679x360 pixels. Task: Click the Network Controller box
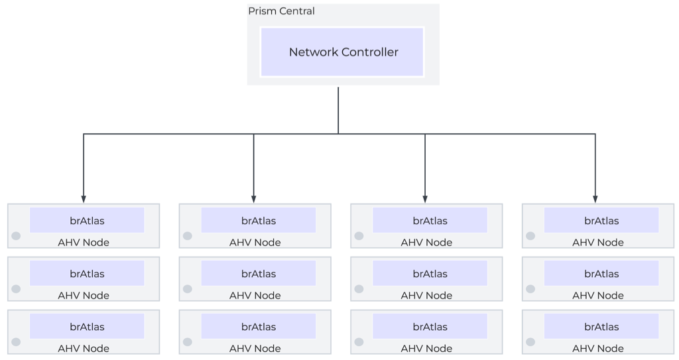click(342, 52)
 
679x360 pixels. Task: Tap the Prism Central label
click(281, 11)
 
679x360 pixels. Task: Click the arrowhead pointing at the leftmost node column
click(84, 198)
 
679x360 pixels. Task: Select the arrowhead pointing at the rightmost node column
click(595, 198)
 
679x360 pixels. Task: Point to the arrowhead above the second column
click(254, 198)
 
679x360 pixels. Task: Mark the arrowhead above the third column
click(425, 198)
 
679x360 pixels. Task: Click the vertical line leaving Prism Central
click(338, 109)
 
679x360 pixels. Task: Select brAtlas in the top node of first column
click(87, 221)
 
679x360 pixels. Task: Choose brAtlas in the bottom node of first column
click(87, 327)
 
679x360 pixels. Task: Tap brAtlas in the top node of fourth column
click(601, 221)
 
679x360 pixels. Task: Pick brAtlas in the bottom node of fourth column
click(601, 327)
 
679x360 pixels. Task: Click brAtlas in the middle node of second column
click(259, 274)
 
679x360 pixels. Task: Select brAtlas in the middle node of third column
click(430, 274)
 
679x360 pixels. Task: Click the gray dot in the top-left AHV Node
click(16, 236)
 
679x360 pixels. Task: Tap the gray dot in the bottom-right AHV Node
click(530, 342)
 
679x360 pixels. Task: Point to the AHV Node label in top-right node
click(597, 243)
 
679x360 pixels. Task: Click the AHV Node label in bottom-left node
click(84, 349)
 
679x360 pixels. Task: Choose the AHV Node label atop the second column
click(255, 243)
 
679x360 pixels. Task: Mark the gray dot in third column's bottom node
click(359, 342)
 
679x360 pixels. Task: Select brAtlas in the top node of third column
click(430, 221)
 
